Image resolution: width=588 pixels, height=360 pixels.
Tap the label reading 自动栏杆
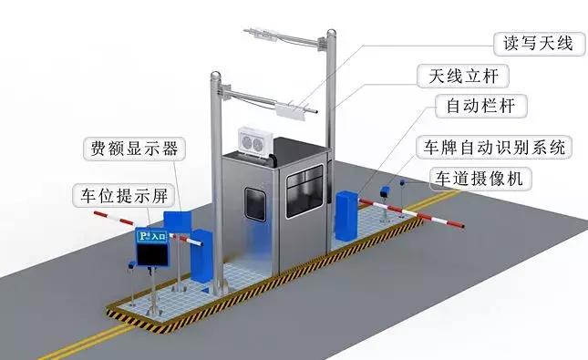[x=481, y=106]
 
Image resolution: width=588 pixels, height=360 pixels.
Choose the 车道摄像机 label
[x=480, y=179]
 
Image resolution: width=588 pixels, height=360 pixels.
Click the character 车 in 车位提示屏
[x=84, y=194]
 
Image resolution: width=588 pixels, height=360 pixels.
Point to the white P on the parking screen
[x=142, y=237]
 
